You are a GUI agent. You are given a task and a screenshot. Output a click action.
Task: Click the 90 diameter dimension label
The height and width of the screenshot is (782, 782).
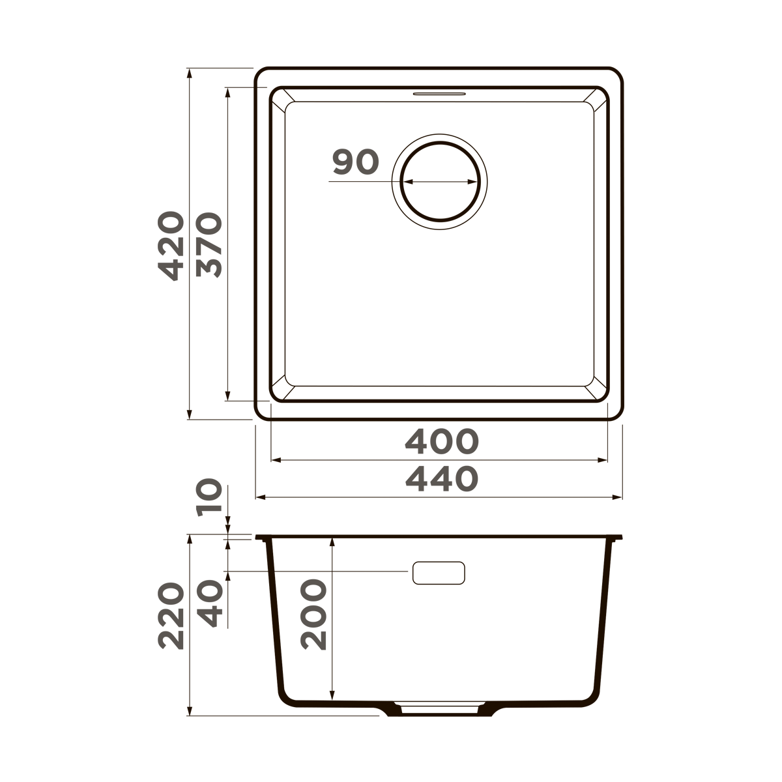click(355, 162)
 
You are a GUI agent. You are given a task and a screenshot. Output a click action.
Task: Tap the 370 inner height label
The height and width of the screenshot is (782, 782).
click(210, 246)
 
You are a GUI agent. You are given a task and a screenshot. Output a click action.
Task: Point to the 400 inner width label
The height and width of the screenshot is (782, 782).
click(442, 442)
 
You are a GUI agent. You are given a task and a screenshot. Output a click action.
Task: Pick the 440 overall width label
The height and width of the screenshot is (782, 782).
click(442, 480)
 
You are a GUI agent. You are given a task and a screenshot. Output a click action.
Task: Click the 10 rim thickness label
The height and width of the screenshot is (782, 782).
click(210, 498)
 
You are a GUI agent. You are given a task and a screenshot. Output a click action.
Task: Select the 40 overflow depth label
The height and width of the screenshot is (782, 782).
click(210, 604)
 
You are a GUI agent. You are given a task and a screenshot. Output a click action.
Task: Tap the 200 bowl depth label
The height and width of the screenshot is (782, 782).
click(313, 615)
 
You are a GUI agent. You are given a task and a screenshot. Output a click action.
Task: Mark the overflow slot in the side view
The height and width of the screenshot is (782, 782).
click(439, 572)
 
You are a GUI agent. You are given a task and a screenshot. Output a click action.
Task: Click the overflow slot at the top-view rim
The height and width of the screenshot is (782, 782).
click(439, 93)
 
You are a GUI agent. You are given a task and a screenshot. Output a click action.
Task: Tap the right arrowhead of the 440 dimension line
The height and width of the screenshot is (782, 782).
click(619, 497)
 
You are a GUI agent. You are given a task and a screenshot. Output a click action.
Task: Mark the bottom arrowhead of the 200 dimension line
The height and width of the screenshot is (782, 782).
click(332, 695)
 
